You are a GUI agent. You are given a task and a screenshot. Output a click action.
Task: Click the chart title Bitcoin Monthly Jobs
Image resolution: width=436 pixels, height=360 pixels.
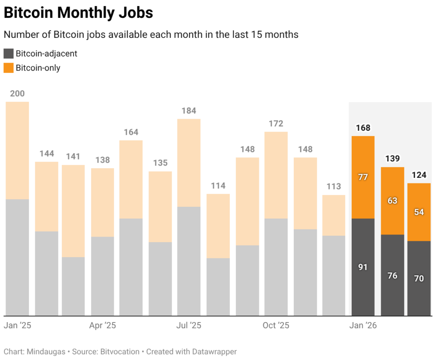(x=78, y=13)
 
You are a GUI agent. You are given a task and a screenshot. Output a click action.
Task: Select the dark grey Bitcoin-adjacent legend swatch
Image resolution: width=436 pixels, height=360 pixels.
(x=9, y=54)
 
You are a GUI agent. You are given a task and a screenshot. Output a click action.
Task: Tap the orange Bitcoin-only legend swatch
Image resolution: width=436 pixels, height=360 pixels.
(x=9, y=68)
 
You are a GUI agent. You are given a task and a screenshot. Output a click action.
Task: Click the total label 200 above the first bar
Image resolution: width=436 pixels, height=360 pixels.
(x=17, y=94)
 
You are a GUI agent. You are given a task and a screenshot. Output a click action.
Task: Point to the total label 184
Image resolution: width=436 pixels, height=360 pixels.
(x=189, y=111)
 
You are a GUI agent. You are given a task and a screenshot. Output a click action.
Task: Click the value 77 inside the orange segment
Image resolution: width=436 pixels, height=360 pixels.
(x=363, y=177)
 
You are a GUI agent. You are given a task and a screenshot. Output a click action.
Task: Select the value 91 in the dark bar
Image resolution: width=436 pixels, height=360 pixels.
(x=363, y=267)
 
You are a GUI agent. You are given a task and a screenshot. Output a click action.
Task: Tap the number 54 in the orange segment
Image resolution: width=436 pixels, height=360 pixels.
(x=419, y=212)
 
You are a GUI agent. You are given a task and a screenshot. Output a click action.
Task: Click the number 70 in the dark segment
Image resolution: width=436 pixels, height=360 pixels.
(x=419, y=279)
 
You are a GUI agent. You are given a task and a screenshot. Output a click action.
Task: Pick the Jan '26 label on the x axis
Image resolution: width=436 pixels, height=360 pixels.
(x=363, y=326)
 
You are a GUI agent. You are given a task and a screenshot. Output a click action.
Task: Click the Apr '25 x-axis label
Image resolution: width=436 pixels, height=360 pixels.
(x=103, y=326)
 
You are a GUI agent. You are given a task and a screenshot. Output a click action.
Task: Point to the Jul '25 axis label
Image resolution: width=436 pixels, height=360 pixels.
(x=189, y=326)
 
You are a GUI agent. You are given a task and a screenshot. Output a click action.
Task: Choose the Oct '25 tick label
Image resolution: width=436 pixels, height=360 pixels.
(x=276, y=326)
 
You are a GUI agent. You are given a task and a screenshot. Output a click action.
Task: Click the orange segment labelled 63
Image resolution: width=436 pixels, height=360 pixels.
(x=392, y=200)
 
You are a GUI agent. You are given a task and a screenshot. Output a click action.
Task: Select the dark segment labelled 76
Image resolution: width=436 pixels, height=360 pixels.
(x=392, y=275)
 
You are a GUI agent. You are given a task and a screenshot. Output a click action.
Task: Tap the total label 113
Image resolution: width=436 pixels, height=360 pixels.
(x=334, y=186)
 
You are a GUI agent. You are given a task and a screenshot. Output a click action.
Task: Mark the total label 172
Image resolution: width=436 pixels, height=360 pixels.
(x=276, y=123)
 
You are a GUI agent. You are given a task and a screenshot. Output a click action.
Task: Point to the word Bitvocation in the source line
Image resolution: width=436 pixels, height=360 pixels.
(x=120, y=351)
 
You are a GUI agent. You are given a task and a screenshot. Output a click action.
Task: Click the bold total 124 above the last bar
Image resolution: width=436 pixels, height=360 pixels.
(x=419, y=174)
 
